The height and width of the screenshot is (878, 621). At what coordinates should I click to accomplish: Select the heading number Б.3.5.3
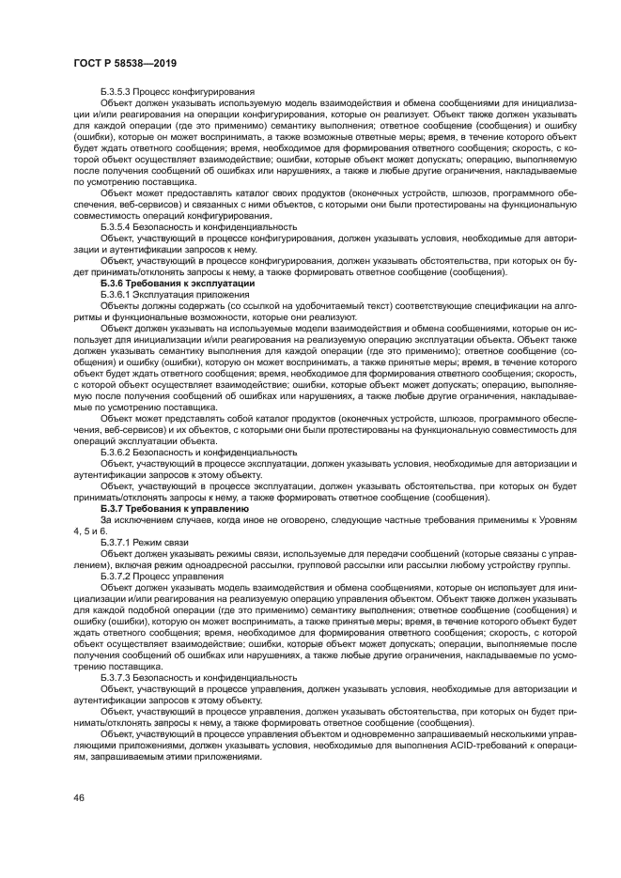tap(119, 92)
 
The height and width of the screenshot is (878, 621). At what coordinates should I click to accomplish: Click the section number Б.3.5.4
tap(119, 227)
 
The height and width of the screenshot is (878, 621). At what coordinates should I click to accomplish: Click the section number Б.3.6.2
tap(119, 452)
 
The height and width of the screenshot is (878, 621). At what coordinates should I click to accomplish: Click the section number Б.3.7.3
tap(119, 676)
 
